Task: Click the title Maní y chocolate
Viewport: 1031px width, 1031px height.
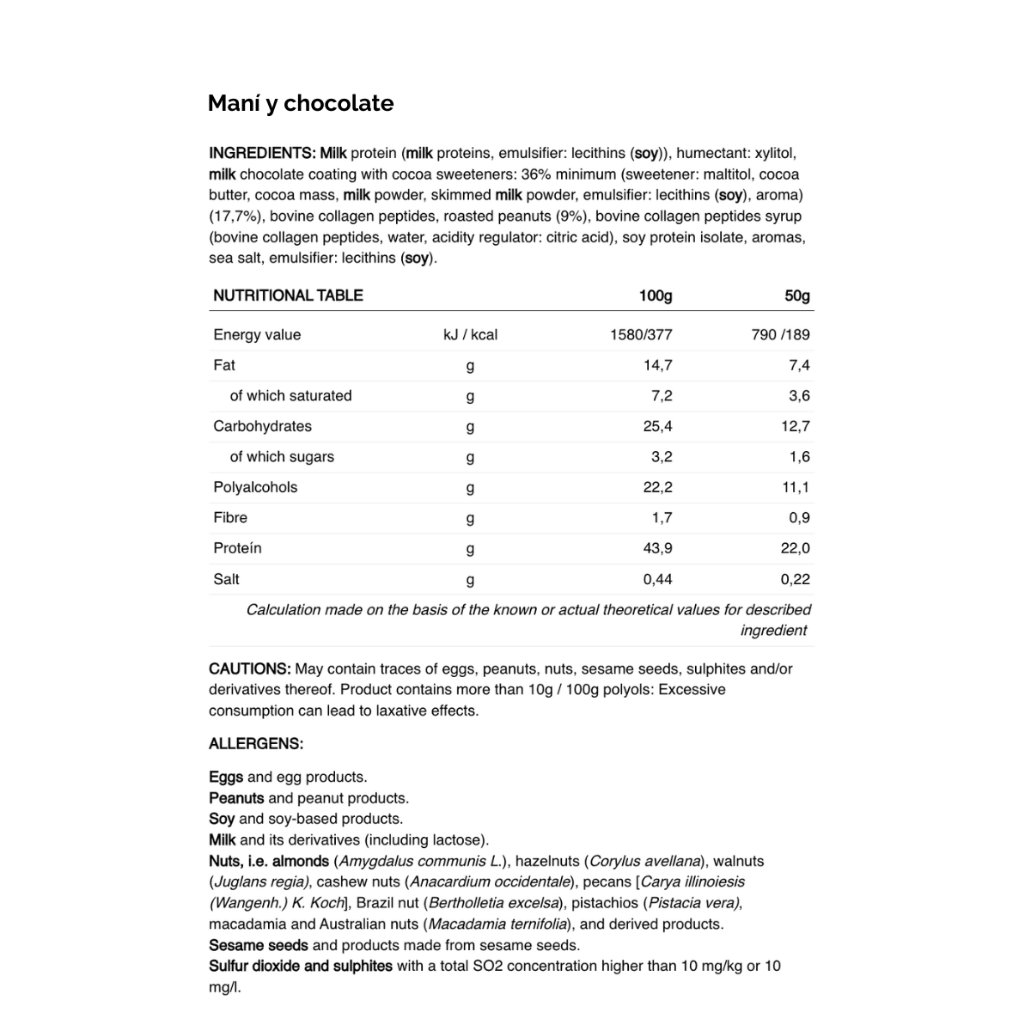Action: [x=301, y=103]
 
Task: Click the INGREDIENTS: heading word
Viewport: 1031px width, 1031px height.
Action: [x=262, y=153]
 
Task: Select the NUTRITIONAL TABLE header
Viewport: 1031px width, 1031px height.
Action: [x=288, y=296]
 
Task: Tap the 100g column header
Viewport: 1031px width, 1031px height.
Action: [x=656, y=296]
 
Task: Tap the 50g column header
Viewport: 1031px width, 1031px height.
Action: [x=797, y=296]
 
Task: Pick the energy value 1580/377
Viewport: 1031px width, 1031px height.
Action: [x=641, y=335]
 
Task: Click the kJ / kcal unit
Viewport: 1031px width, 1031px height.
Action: [x=470, y=335]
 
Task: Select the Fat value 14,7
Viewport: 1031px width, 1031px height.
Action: [x=657, y=365]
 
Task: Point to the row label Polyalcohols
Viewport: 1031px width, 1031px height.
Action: [x=255, y=487]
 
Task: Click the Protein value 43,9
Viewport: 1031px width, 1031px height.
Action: [x=657, y=548]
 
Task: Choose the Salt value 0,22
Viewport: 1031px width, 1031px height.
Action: [x=795, y=579]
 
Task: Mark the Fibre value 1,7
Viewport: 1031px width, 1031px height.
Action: [x=662, y=518]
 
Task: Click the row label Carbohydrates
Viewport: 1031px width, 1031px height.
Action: [x=262, y=426]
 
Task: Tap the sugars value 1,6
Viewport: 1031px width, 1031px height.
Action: [x=799, y=457]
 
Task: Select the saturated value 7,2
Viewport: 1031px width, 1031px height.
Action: [x=662, y=396]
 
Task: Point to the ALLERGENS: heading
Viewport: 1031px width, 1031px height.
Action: [x=256, y=744]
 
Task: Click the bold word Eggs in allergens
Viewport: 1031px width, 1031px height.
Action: [x=226, y=777]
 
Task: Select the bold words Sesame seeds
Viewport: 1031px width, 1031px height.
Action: [x=259, y=945]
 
